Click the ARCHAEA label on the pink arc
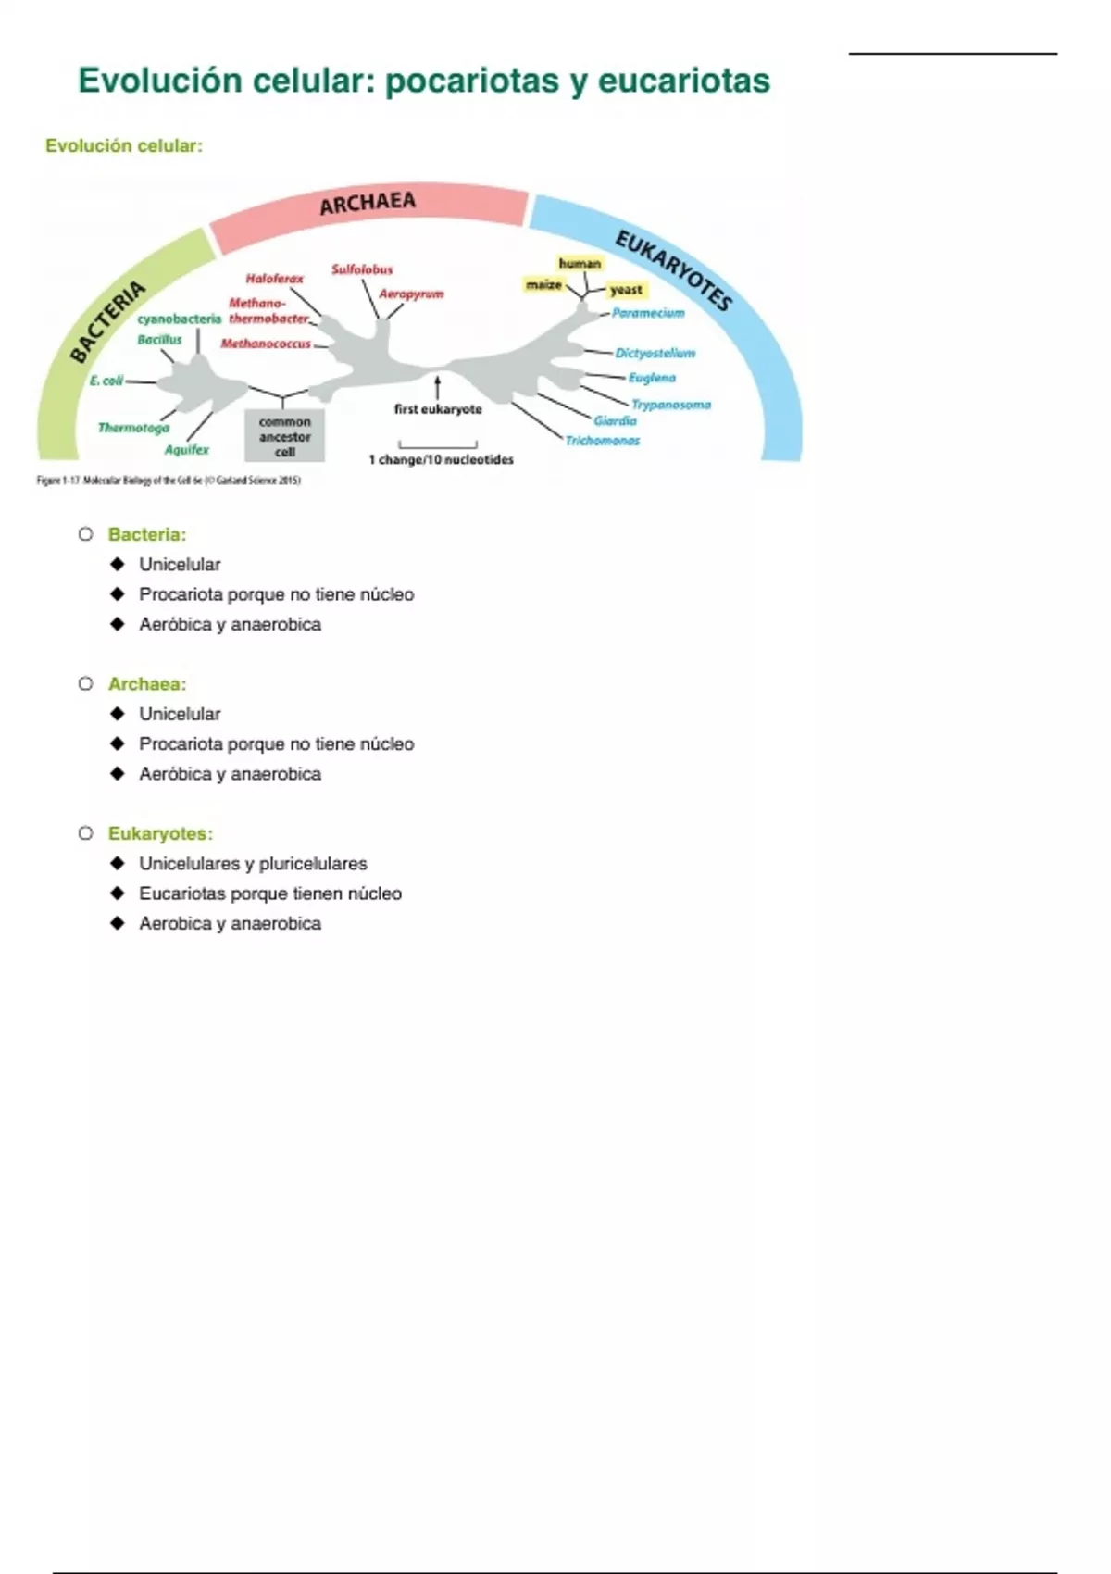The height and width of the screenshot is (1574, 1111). tap(368, 203)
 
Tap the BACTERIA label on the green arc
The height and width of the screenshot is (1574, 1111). tap(108, 320)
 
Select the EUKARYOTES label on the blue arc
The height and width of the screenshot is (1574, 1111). tap(674, 270)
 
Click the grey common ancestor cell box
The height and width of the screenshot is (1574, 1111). tap(284, 436)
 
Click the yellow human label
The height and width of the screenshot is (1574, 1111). tap(580, 264)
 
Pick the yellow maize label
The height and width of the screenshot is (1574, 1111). tap(544, 285)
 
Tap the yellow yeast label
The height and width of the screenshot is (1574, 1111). tap(626, 290)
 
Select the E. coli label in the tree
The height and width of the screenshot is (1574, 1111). tap(106, 381)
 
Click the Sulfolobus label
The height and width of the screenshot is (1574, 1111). tap(362, 269)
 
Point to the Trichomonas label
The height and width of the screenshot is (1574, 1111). tap(603, 441)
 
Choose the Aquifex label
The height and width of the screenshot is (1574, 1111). tap(187, 450)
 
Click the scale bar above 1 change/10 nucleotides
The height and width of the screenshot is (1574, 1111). tap(437, 444)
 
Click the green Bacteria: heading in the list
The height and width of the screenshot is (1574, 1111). tap(147, 534)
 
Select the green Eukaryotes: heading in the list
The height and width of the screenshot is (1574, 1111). tap(160, 833)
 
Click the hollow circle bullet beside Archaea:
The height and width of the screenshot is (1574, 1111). tap(86, 683)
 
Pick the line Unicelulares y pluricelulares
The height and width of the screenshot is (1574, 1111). tap(253, 864)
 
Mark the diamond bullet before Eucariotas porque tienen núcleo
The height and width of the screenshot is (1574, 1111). tap(117, 893)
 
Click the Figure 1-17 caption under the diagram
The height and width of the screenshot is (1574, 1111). tap(169, 481)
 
